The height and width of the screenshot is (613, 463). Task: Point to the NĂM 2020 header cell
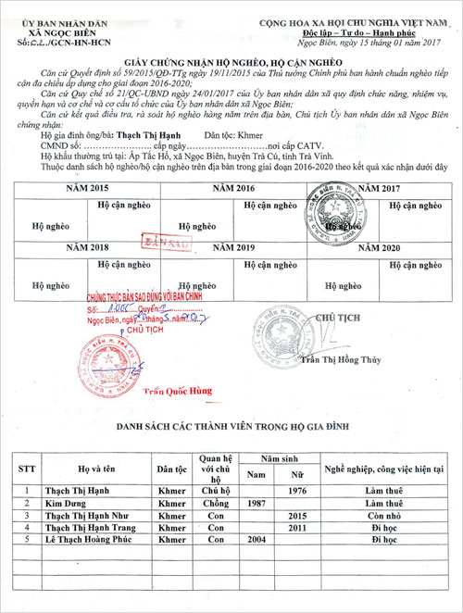click(380, 247)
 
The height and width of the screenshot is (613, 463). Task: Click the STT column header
click(28, 469)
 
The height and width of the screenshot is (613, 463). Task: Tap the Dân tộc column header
click(172, 469)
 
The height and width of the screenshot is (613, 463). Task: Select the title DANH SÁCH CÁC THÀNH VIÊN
click(231, 427)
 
